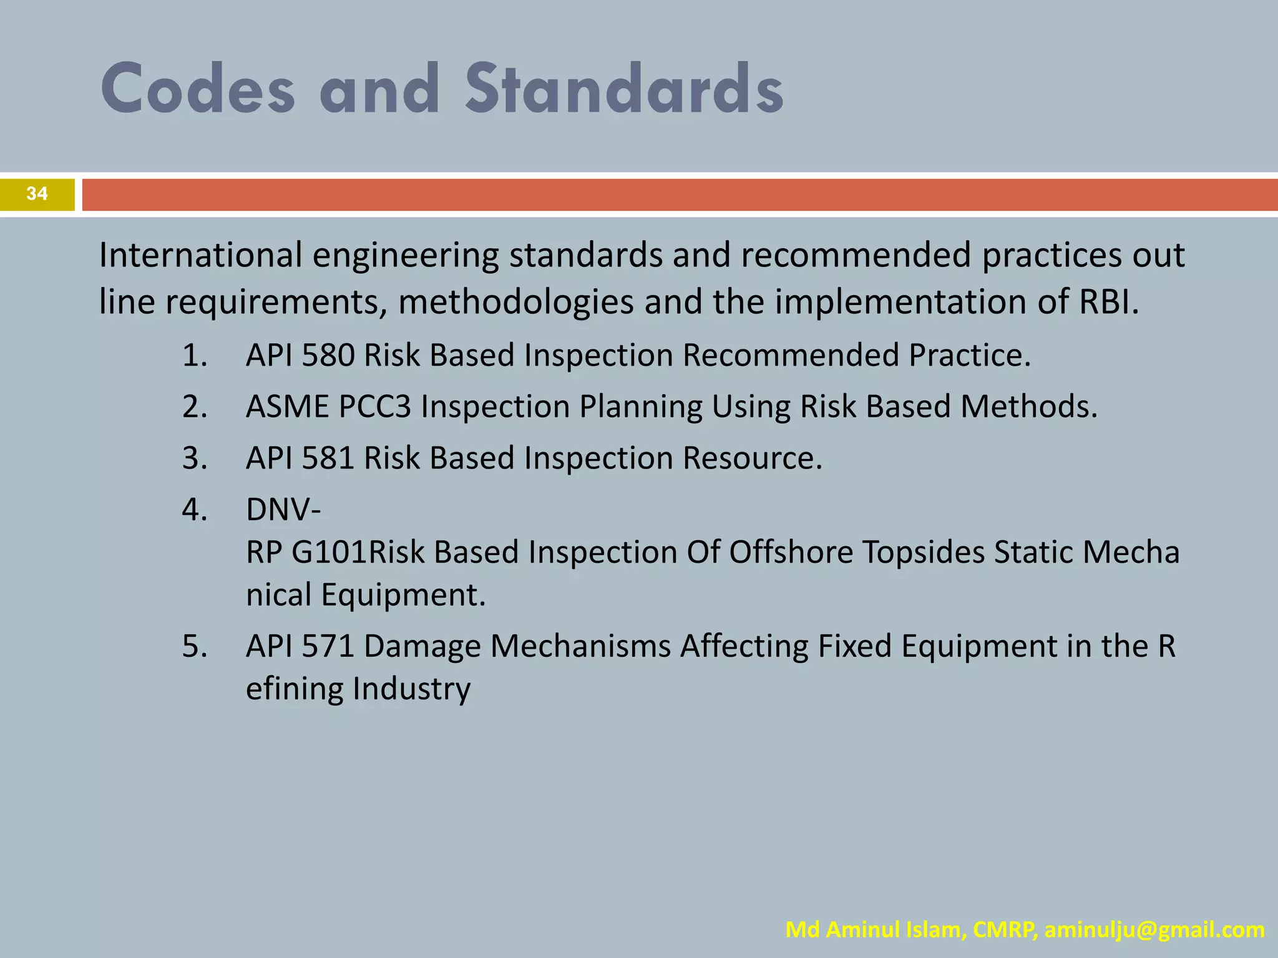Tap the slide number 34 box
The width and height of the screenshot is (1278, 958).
(37, 194)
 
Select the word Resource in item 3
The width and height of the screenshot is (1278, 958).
(752, 458)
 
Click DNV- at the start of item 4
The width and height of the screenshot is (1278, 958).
(283, 510)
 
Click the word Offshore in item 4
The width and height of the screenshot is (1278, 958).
(790, 553)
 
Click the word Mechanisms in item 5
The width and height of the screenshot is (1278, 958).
(580, 646)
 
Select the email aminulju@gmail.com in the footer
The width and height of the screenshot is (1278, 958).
(1154, 929)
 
